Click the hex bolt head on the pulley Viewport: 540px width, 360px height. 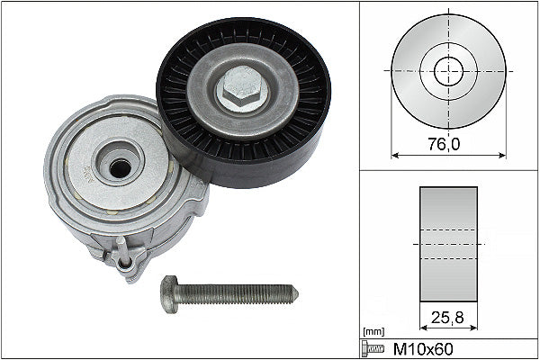click(x=240, y=90)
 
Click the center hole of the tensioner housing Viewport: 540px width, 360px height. click(x=118, y=166)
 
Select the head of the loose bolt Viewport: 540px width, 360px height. click(x=170, y=293)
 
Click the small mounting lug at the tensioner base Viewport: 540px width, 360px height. click(x=125, y=262)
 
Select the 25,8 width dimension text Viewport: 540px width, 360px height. click(x=448, y=316)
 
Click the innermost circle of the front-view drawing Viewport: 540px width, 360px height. click(x=448, y=71)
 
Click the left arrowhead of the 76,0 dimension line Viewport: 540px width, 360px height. click(x=394, y=155)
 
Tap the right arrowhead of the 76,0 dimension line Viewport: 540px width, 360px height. click(x=502, y=155)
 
